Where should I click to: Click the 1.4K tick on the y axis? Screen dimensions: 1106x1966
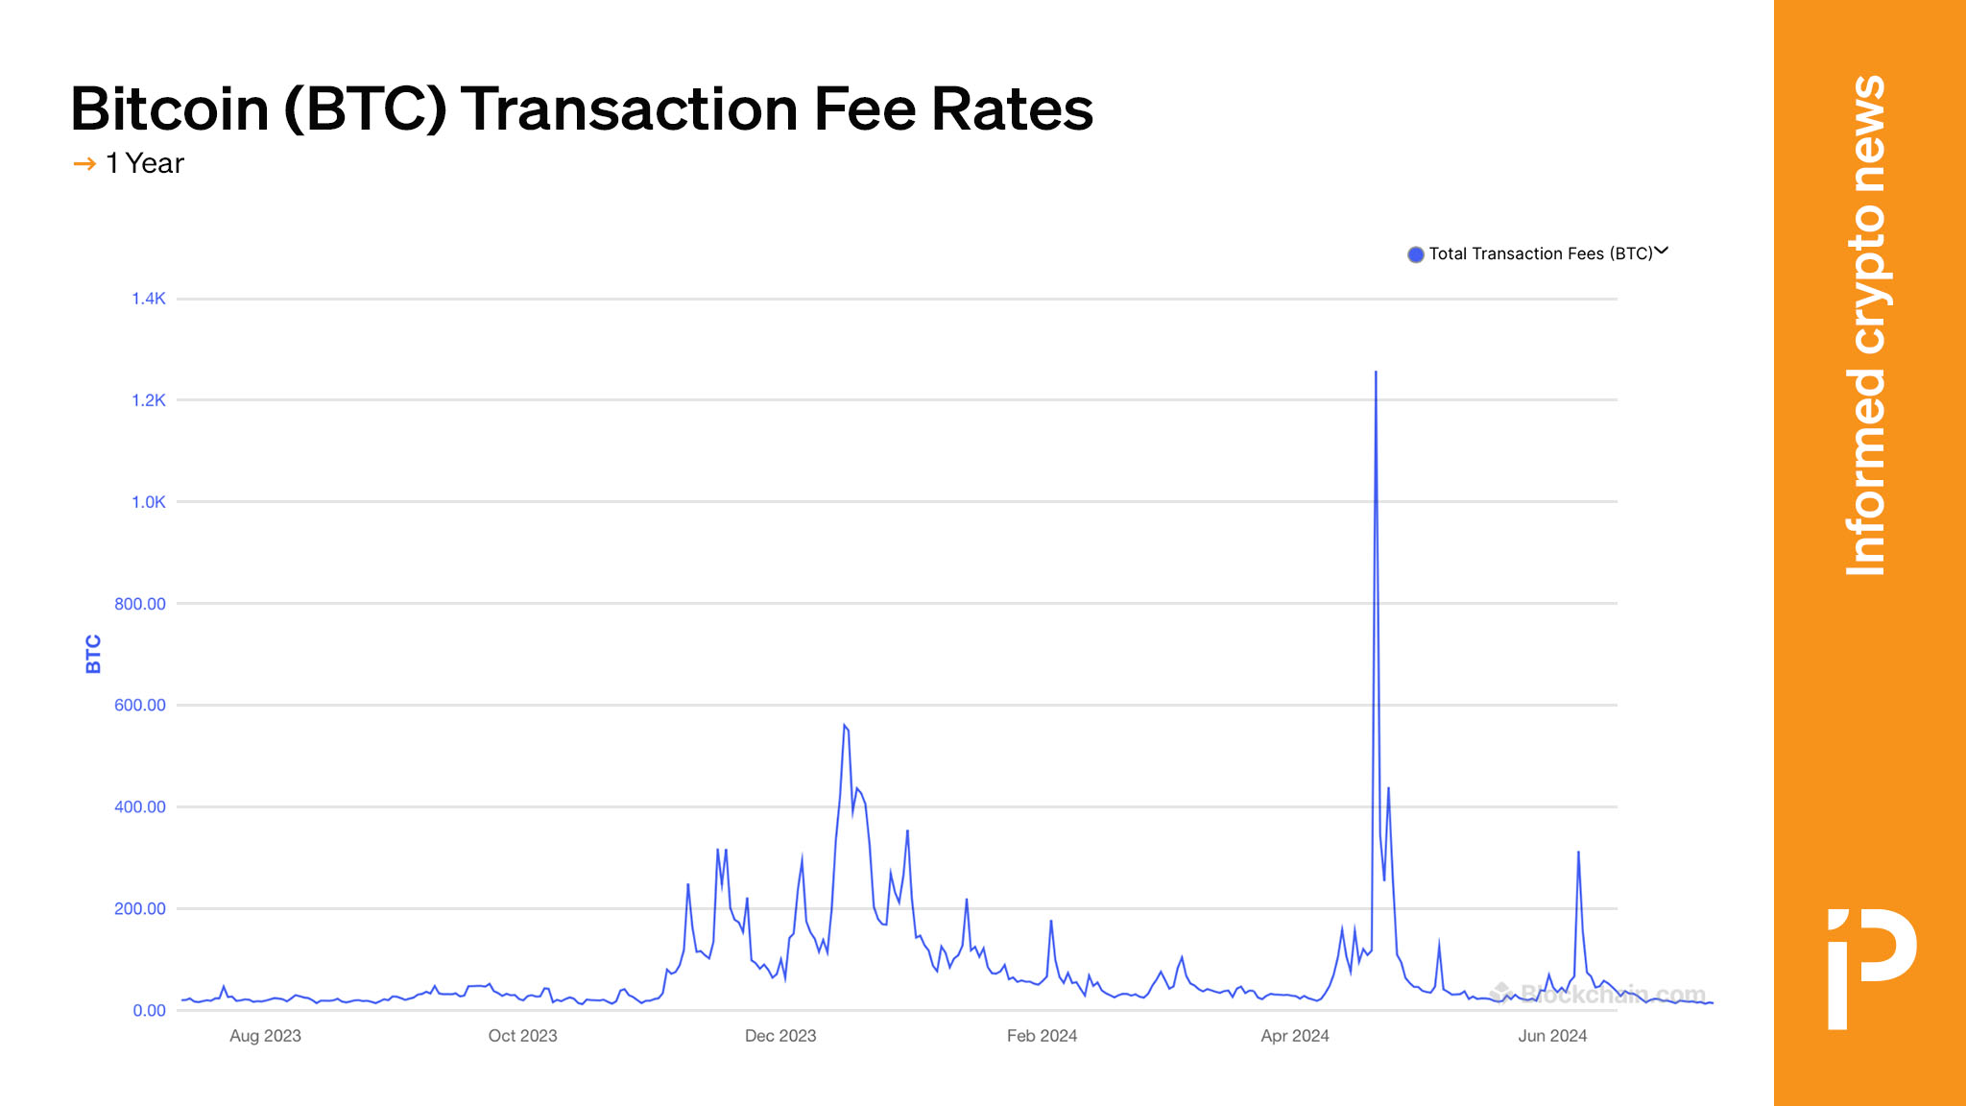click(149, 299)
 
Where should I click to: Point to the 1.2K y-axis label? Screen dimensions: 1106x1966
click(149, 400)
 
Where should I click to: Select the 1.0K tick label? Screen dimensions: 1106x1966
click(149, 502)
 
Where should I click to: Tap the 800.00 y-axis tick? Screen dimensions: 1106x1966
click(140, 604)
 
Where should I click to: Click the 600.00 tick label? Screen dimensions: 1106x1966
click(140, 705)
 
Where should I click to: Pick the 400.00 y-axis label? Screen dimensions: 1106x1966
click(140, 806)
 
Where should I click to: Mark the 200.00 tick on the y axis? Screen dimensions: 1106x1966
click(140, 908)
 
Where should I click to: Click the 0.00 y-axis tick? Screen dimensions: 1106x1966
click(149, 1010)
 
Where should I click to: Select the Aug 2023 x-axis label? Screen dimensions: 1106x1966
click(265, 1036)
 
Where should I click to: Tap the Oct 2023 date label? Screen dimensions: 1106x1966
click(522, 1036)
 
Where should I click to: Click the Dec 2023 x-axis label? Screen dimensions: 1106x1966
click(780, 1036)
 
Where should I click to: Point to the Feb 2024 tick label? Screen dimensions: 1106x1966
click(1042, 1036)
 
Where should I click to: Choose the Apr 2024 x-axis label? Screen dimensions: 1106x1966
click(1295, 1036)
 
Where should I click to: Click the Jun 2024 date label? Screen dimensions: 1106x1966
click(1552, 1036)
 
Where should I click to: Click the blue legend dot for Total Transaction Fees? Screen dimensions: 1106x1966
click(1415, 254)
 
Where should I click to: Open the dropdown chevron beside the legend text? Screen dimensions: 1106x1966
click(1662, 252)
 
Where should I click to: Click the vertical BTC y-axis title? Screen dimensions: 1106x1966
click(93, 654)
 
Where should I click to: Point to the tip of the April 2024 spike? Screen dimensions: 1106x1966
click(1376, 373)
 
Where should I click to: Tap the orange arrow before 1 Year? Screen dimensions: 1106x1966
click(84, 164)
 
